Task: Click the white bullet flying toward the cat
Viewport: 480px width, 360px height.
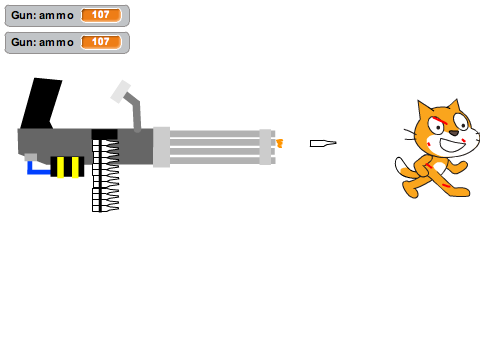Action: tap(323, 143)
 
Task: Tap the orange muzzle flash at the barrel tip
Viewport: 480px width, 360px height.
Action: tap(280, 144)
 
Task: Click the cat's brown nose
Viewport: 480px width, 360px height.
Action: tap(454, 133)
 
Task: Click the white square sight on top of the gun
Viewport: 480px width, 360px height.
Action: tap(120, 92)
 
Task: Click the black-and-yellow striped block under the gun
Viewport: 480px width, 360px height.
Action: tap(67, 166)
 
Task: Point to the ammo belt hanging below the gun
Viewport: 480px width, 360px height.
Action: tap(105, 175)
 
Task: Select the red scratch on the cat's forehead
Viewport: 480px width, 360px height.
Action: tap(440, 121)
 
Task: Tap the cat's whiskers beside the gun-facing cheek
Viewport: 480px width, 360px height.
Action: tap(410, 134)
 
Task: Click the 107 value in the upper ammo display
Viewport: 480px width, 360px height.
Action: tap(101, 15)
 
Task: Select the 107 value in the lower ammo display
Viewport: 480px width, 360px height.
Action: tap(101, 42)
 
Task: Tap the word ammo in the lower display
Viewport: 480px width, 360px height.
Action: tap(56, 43)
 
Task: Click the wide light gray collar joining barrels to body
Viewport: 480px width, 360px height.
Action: tap(162, 147)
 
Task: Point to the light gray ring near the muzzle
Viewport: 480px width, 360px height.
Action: tap(265, 147)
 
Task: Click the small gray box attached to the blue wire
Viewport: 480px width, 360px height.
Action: tap(31, 157)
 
